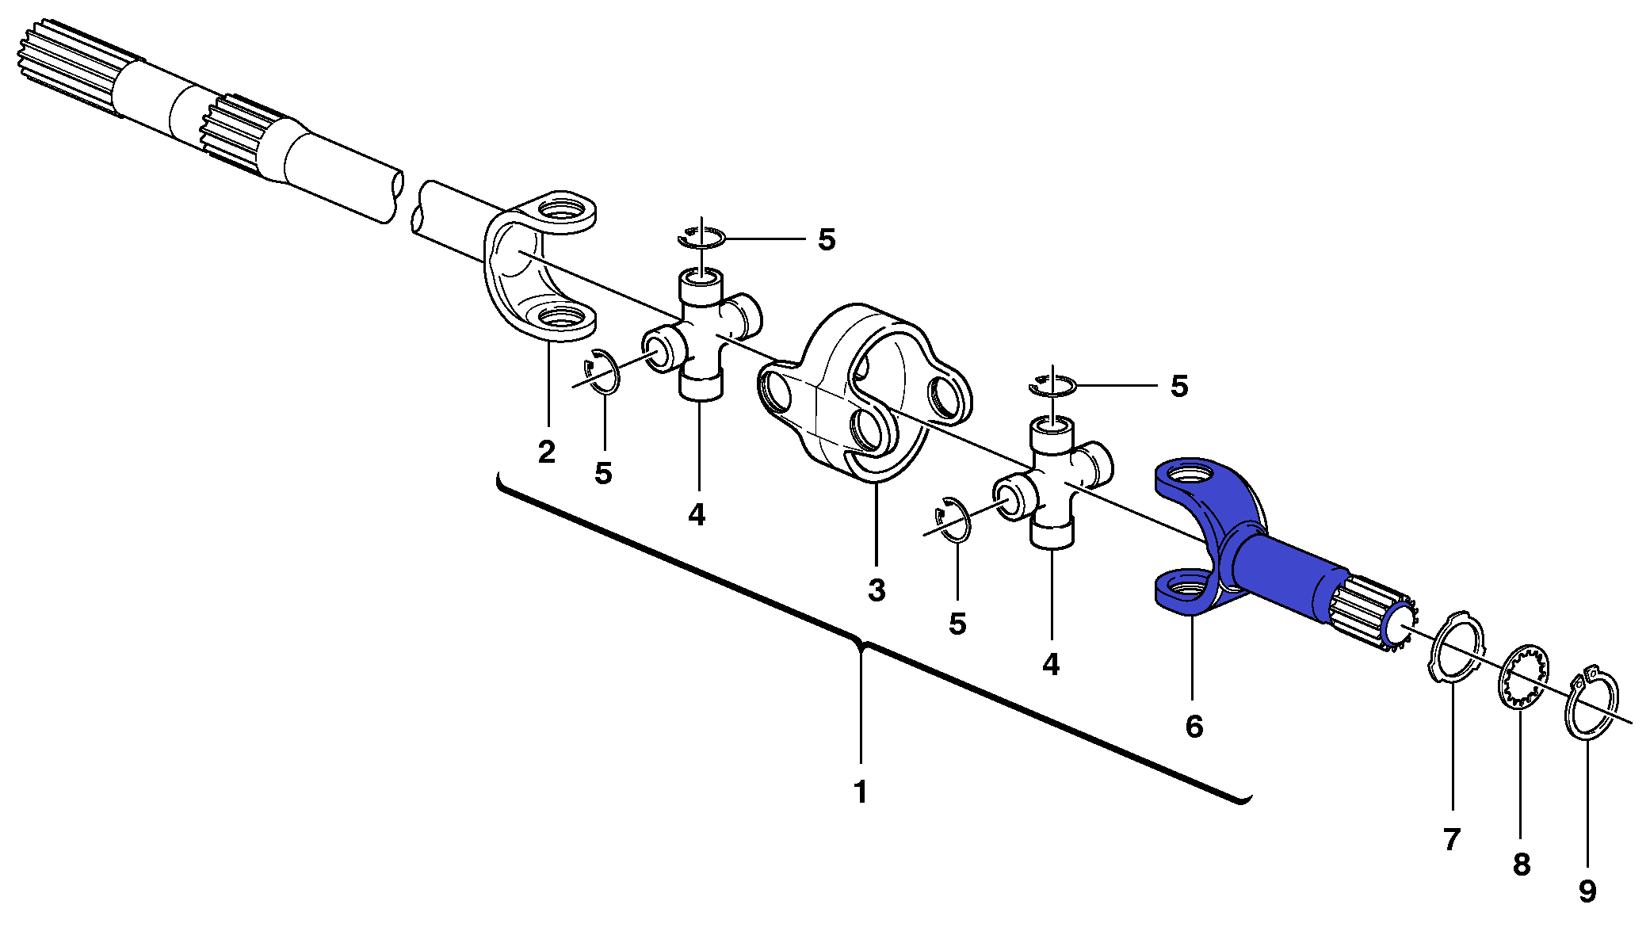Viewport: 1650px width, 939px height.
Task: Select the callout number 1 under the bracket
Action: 860,792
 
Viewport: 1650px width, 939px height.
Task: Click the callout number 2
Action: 547,452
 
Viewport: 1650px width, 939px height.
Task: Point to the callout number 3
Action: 877,590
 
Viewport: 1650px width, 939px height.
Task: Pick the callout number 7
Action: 1451,839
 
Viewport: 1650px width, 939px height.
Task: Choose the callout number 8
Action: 1521,865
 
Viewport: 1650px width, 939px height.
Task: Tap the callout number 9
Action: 1587,891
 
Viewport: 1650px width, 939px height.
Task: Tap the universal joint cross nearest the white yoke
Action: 701,333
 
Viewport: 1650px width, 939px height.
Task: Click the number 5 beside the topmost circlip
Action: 827,239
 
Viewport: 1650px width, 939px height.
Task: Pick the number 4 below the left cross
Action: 697,515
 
